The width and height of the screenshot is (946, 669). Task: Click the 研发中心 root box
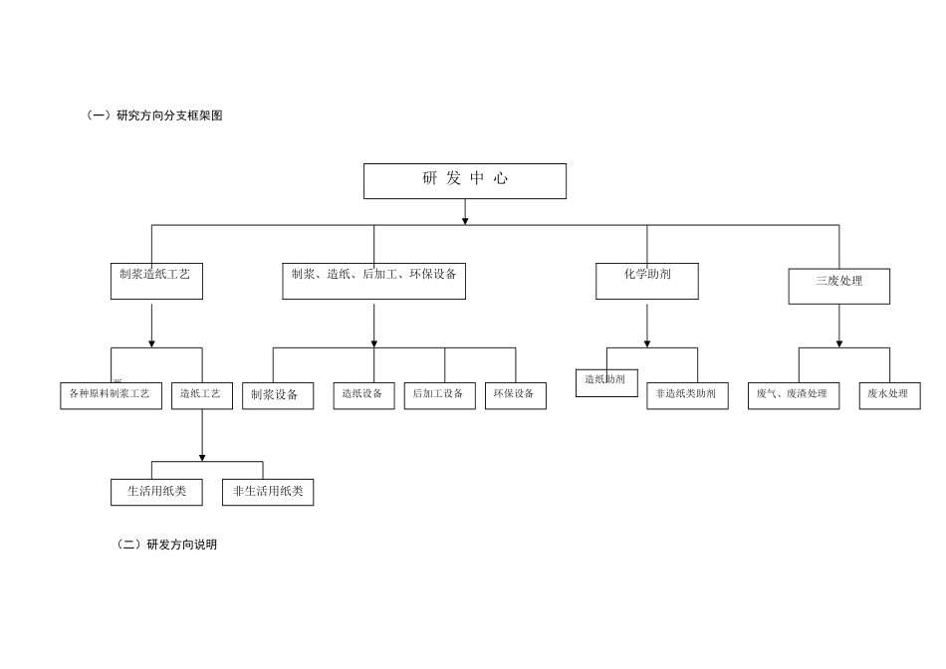click(464, 181)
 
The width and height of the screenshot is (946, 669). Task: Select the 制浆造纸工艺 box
click(155, 280)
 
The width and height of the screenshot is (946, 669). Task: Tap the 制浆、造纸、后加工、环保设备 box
click(373, 280)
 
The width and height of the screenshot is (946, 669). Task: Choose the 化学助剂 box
click(646, 280)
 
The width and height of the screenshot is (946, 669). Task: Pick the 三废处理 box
click(838, 285)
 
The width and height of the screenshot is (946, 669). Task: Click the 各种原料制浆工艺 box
click(111, 395)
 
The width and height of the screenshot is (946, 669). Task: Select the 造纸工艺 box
click(201, 395)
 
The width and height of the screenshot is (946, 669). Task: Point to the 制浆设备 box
click(277, 395)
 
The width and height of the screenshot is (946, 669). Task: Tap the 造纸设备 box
click(363, 395)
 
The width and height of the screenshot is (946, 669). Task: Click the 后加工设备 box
click(439, 395)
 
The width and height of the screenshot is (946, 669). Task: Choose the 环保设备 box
click(515, 395)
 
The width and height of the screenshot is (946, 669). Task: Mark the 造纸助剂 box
click(605, 382)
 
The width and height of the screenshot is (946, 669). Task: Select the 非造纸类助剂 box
click(687, 395)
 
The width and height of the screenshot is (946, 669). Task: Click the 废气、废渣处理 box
click(793, 395)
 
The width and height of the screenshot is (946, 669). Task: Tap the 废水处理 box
click(889, 395)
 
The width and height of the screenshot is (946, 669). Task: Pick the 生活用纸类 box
click(156, 492)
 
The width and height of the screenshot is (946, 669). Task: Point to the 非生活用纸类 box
click(267, 492)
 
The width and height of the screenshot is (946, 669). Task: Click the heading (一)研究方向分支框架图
click(155, 115)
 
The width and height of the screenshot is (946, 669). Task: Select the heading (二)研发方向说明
click(167, 545)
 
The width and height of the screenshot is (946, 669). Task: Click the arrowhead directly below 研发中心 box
click(465, 220)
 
